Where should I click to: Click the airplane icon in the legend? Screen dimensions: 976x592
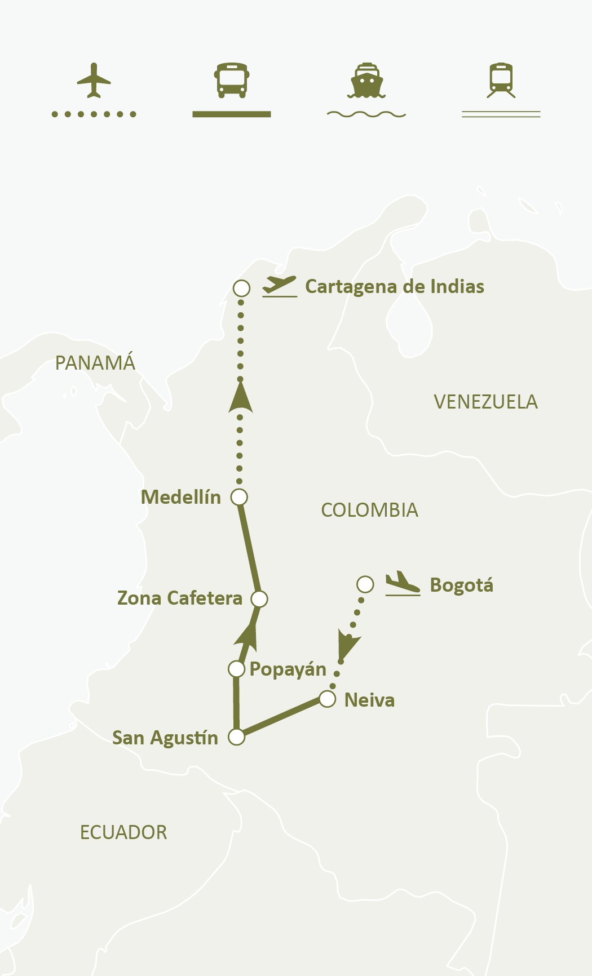coord(94,81)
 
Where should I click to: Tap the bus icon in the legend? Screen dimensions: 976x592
coord(231,81)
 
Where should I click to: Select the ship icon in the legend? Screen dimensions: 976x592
coord(366,81)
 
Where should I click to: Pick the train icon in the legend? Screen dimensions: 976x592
coord(501,81)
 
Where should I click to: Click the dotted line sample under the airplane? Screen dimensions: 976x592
coord(94,114)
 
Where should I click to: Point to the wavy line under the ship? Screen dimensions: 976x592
coord(366,114)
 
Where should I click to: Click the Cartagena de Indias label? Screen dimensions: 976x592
coord(394,286)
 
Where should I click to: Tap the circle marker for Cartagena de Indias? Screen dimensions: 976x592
coord(241,289)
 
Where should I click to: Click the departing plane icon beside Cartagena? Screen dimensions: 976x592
coord(280,286)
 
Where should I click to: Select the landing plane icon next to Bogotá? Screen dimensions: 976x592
coord(403,584)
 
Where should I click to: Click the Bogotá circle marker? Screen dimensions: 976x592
coord(365,584)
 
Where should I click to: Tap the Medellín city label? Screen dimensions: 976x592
coord(180,497)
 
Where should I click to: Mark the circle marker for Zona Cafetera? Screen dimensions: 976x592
coord(259,599)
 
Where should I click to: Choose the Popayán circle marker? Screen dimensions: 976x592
coord(236,669)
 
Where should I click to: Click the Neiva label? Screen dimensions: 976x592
coord(369,700)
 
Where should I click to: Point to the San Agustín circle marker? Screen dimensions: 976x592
coord(237,737)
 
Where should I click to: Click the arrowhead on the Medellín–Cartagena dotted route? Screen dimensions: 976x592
coord(241,398)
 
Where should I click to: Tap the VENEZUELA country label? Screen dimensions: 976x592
coord(485,402)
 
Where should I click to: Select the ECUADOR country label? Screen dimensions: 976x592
coord(123,832)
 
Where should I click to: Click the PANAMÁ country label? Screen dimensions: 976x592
coord(95,362)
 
